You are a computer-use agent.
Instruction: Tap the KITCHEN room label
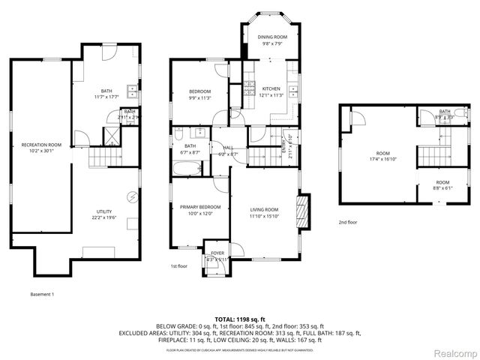[x=271, y=89]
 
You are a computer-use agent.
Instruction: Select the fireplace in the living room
[x=302, y=207]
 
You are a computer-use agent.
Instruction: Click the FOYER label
[x=217, y=254]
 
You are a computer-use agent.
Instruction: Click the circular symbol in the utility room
[x=132, y=196]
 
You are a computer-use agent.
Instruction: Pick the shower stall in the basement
[x=110, y=136]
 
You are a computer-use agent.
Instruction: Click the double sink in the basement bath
[x=132, y=92]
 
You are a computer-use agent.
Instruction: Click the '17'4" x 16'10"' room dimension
[x=382, y=159]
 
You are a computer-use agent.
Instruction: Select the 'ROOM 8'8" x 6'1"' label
[x=443, y=185]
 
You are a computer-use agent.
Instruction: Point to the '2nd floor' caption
[x=347, y=223]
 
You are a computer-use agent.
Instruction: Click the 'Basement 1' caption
[x=42, y=294]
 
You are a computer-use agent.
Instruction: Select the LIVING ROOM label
[x=263, y=213]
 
